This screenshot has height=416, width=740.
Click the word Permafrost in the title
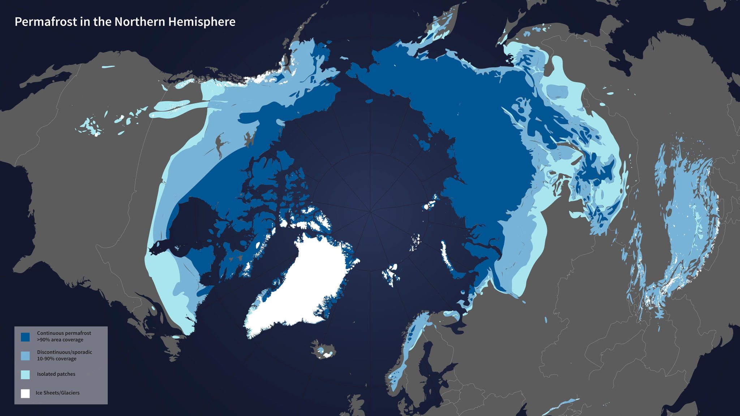click(x=46, y=22)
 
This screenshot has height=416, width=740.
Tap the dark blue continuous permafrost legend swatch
click(x=25, y=337)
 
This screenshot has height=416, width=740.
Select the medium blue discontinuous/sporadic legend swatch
click(x=25, y=356)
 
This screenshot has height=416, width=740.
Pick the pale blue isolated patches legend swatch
click(x=25, y=374)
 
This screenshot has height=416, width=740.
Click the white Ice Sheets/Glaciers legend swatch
click(x=25, y=393)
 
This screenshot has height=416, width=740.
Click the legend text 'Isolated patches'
click(x=56, y=374)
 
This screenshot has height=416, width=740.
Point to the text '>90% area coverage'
click(x=60, y=340)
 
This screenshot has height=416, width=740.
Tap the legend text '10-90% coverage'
click(x=57, y=359)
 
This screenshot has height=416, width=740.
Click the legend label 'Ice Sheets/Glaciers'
click(x=57, y=393)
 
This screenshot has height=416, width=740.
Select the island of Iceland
click(x=323, y=349)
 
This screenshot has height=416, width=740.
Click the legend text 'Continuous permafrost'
click(x=64, y=333)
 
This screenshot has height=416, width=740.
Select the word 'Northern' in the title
click(x=139, y=22)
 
